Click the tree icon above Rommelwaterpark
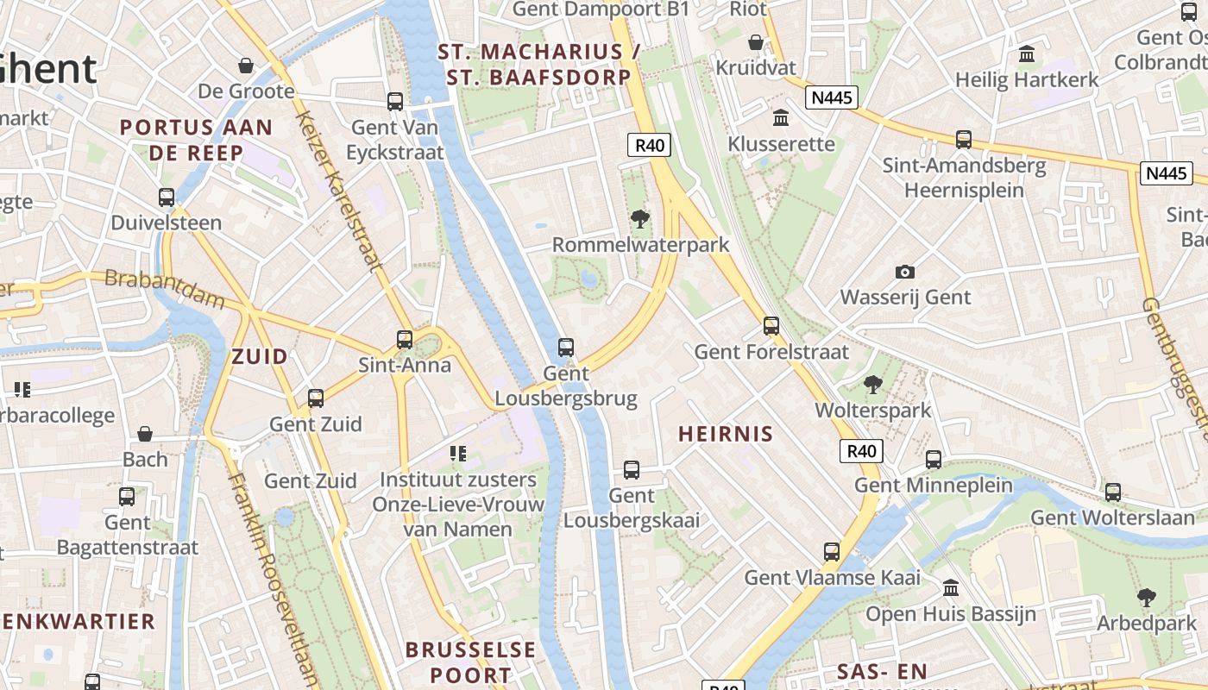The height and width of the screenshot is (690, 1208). (x=640, y=219)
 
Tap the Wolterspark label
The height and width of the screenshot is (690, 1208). (x=873, y=410)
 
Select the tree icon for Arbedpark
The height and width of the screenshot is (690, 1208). (x=1146, y=597)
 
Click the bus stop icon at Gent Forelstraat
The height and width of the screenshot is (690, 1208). (x=771, y=326)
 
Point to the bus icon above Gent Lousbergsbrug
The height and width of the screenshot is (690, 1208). (x=566, y=348)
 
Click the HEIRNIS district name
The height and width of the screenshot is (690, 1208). (x=726, y=434)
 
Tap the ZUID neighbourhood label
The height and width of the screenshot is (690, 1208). (x=260, y=356)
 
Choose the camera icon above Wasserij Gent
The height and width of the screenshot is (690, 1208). (x=905, y=272)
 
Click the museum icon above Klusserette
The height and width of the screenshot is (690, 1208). (x=781, y=117)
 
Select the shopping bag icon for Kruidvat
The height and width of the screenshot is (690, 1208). (x=756, y=41)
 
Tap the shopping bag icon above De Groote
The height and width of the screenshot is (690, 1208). (x=246, y=66)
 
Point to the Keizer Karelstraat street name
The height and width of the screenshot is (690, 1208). (x=338, y=190)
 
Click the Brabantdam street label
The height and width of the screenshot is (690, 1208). (x=164, y=288)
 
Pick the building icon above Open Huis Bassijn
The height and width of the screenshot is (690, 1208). (x=950, y=588)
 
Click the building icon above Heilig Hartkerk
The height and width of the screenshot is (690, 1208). (x=1027, y=54)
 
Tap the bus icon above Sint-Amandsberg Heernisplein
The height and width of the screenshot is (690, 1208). (x=964, y=139)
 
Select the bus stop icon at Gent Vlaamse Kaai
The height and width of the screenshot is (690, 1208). (x=832, y=552)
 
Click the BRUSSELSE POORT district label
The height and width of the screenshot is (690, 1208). (x=470, y=662)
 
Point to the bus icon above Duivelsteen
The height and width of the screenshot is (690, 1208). (x=167, y=198)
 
